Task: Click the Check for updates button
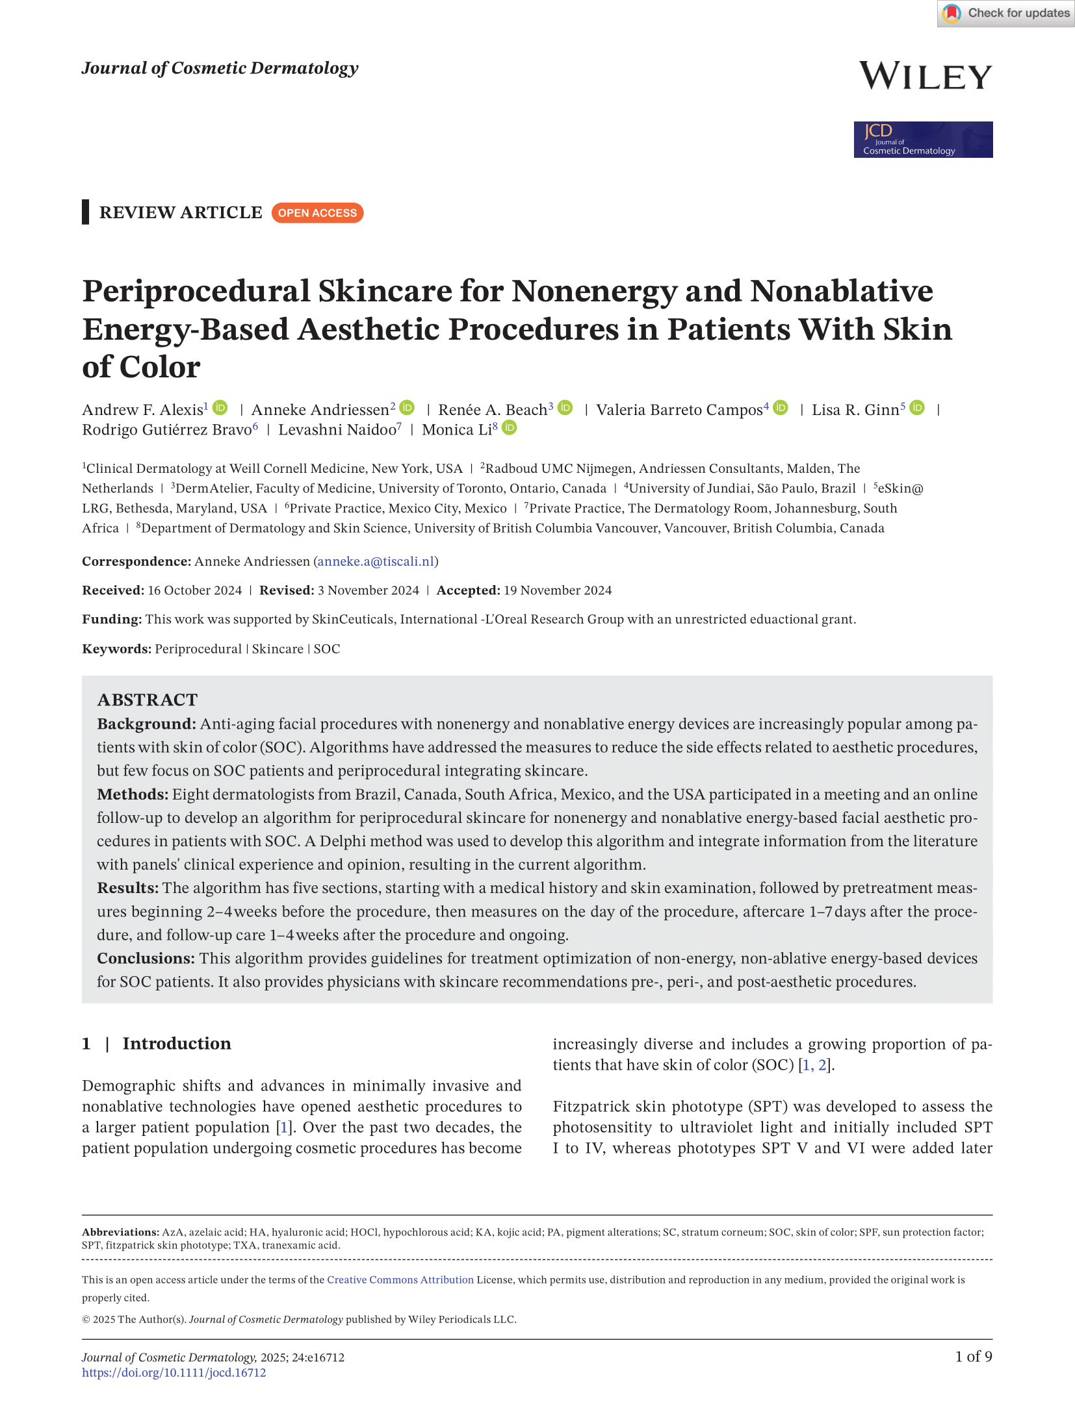1005,13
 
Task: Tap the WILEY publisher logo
926,77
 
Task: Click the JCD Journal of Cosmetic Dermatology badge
923,140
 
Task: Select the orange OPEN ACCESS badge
317,213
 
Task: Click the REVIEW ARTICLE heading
181,212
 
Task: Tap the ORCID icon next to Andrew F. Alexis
221,408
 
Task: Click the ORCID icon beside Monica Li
510,428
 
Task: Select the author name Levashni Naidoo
337,430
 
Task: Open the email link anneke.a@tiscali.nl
376,562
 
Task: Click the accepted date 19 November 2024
557,590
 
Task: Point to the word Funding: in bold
111,620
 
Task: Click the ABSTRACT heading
148,700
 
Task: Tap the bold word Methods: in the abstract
133,794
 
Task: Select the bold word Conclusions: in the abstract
146,959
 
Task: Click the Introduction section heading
176,1044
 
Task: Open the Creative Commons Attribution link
400,1280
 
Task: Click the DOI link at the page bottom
174,1372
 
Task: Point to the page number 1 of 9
973,1357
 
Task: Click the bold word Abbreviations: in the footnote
120,1232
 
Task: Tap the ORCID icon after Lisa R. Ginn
917,408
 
